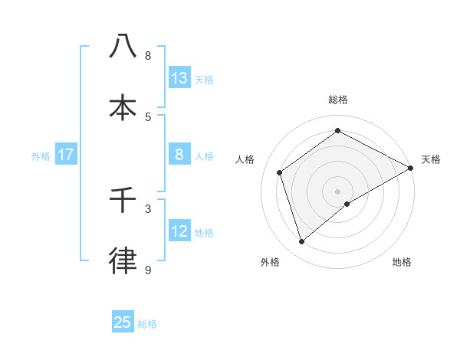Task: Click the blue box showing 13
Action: pyautogui.click(x=179, y=77)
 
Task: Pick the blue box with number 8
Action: pyautogui.click(x=179, y=155)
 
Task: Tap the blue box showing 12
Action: pyautogui.click(x=179, y=231)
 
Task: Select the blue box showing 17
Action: pyautogui.click(x=66, y=155)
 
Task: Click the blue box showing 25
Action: pyautogui.click(x=123, y=322)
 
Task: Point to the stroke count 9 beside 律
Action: pyautogui.click(x=147, y=270)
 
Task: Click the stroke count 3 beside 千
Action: pyautogui.click(x=147, y=208)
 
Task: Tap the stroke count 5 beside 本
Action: pyautogui.click(x=147, y=116)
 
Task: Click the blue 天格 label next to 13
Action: pyautogui.click(x=204, y=79)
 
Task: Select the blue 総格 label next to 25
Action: pyautogui.click(x=147, y=324)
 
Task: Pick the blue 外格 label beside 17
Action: pyautogui.click(x=41, y=156)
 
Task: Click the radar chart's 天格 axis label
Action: pyautogui.click(x=431, y=159)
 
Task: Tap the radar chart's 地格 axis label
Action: pyautogui.click(x=402, y=262)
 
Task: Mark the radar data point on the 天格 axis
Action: pyautogui.click(x=410, y=168)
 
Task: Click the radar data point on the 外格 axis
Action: pyautogui.click(x=301, y=242)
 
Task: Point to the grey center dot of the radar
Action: pyautogui.click(x=338, y=191)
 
